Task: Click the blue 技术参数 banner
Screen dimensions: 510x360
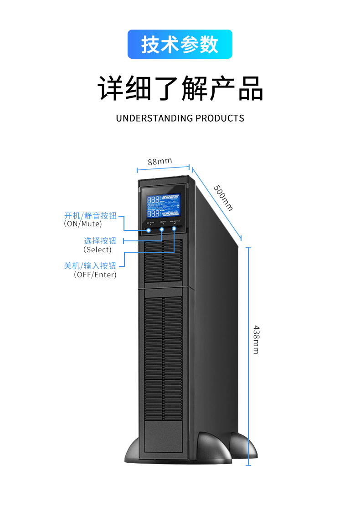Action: point(180,44)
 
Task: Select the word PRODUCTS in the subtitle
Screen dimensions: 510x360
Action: point(220,118)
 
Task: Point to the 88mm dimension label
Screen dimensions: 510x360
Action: point(159,161)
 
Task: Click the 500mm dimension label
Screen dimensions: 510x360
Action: point(223,198)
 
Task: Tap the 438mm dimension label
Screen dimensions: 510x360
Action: point(256,340)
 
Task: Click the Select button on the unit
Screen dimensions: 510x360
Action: point(162,229)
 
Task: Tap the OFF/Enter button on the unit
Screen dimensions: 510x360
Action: point(174,229)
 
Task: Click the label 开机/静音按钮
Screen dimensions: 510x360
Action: point(90,215)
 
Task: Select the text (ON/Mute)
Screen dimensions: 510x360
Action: point(83,224)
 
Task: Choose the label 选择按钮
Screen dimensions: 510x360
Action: point(100,241)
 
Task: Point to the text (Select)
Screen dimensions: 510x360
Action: point(98,250)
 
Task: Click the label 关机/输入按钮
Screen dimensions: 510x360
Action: point(90,266)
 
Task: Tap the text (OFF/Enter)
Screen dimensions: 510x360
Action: point(95,275)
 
